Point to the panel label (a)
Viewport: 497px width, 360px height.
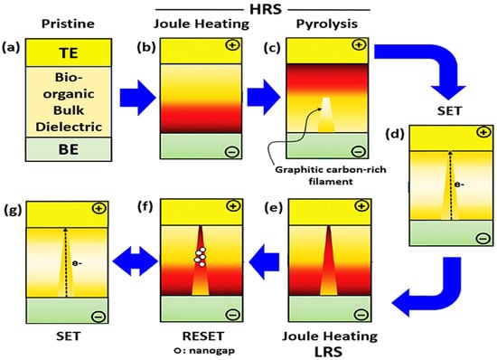tap(14, 45)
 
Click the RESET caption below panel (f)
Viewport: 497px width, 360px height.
tap(195, 335)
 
